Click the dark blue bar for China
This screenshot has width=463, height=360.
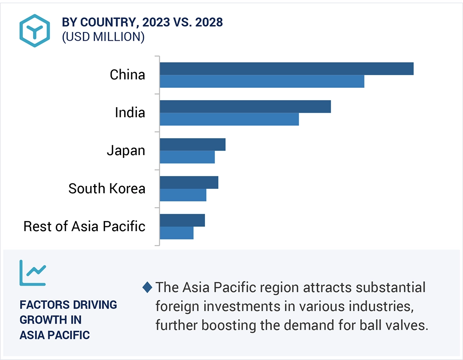[287, 68]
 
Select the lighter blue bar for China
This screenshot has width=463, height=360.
[262, 81]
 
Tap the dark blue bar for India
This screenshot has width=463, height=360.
[245, 106]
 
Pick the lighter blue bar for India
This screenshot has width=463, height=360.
[229, 119]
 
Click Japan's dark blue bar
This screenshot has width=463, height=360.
[192, 144]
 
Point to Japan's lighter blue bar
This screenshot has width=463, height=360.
[187, 157]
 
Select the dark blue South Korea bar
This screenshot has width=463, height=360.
[189, 182]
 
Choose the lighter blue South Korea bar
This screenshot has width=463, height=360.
[183, 195]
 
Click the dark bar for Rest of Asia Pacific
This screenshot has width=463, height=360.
[182, 220]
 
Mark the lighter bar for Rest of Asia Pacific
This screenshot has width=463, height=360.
[176, 233]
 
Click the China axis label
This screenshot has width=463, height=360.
[127, 75]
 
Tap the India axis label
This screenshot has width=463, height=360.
[130, 113]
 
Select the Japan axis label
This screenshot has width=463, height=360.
[126, 151]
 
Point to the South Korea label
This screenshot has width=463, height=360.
[107, 189]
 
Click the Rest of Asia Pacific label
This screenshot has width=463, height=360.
[84, 227]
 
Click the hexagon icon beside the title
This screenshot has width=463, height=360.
[35, 30]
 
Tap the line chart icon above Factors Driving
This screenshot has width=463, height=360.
[33, 273]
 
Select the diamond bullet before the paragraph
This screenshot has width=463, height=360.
[147, 288]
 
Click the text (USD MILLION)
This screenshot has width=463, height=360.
[103, 37]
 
